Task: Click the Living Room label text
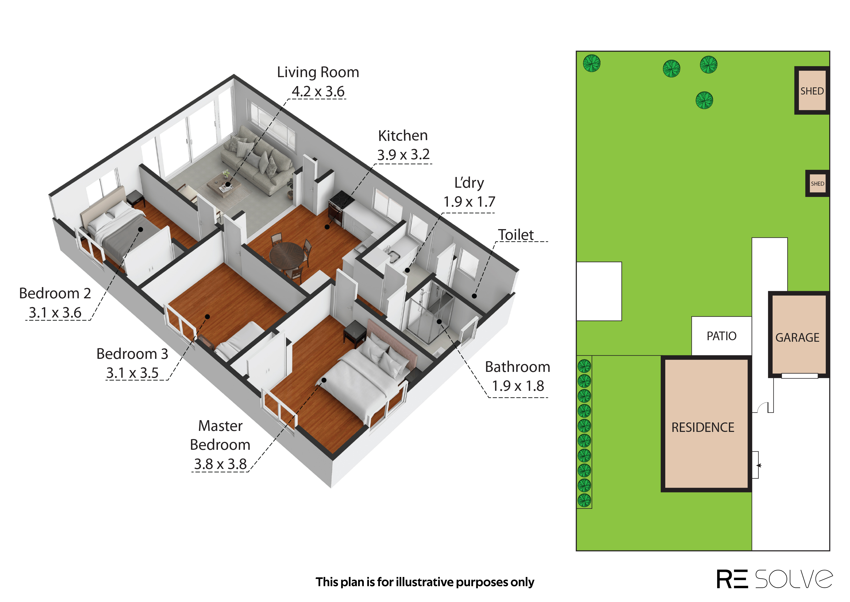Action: point(318,72)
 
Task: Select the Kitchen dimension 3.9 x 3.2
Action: point(403,155)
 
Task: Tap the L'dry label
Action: point(469,183)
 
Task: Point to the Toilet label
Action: point(516,235)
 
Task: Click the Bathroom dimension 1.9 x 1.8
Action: point(518,386)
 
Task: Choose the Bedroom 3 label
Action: point(132,354)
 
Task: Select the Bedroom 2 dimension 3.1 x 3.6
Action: point(55,312)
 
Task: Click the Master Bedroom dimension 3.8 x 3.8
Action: point(220,464)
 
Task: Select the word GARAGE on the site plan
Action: point(797,338)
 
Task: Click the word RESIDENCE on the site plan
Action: point(703,427)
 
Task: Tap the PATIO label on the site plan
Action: point(721,336)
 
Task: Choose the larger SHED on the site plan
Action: point(812,91)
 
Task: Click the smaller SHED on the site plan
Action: point(817,183)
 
